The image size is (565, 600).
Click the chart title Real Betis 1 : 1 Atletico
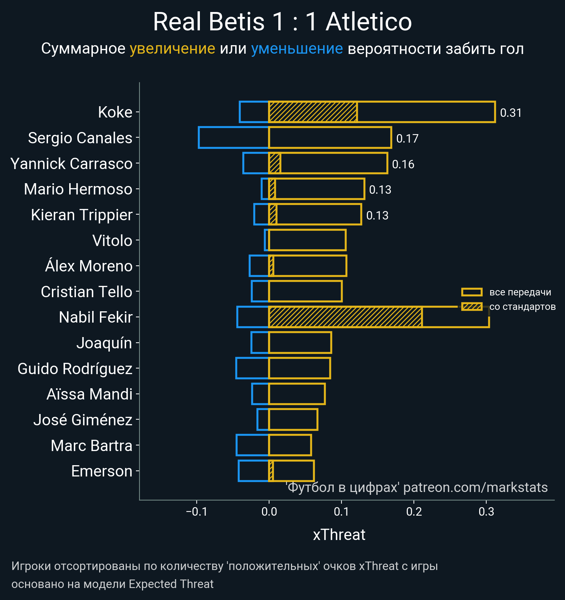[282, 22]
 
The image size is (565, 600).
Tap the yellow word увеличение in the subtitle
[172, 49]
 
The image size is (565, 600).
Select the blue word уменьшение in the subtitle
[297, 49]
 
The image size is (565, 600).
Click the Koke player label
[115, 112]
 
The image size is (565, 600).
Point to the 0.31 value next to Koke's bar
[511, 113]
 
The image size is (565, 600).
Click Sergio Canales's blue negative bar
[233, 137]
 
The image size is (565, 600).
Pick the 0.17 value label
[407, 138]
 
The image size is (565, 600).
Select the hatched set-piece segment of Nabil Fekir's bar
[345, 317]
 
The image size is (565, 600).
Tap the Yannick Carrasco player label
[71, 164]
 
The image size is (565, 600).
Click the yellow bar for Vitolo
[307, 240]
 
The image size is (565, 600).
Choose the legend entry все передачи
[520, 292]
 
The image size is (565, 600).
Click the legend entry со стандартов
[522, 307]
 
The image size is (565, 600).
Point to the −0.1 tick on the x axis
[196, 511]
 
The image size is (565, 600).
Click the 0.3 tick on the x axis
[486, 511]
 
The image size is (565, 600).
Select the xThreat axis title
[339, 535]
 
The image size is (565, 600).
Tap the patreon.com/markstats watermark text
[475, 487]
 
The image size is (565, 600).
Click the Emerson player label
[102, 471]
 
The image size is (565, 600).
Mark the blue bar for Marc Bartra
[252, 445]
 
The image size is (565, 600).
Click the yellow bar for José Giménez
[293, 420]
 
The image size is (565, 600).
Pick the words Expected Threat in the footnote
[171, 584]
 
